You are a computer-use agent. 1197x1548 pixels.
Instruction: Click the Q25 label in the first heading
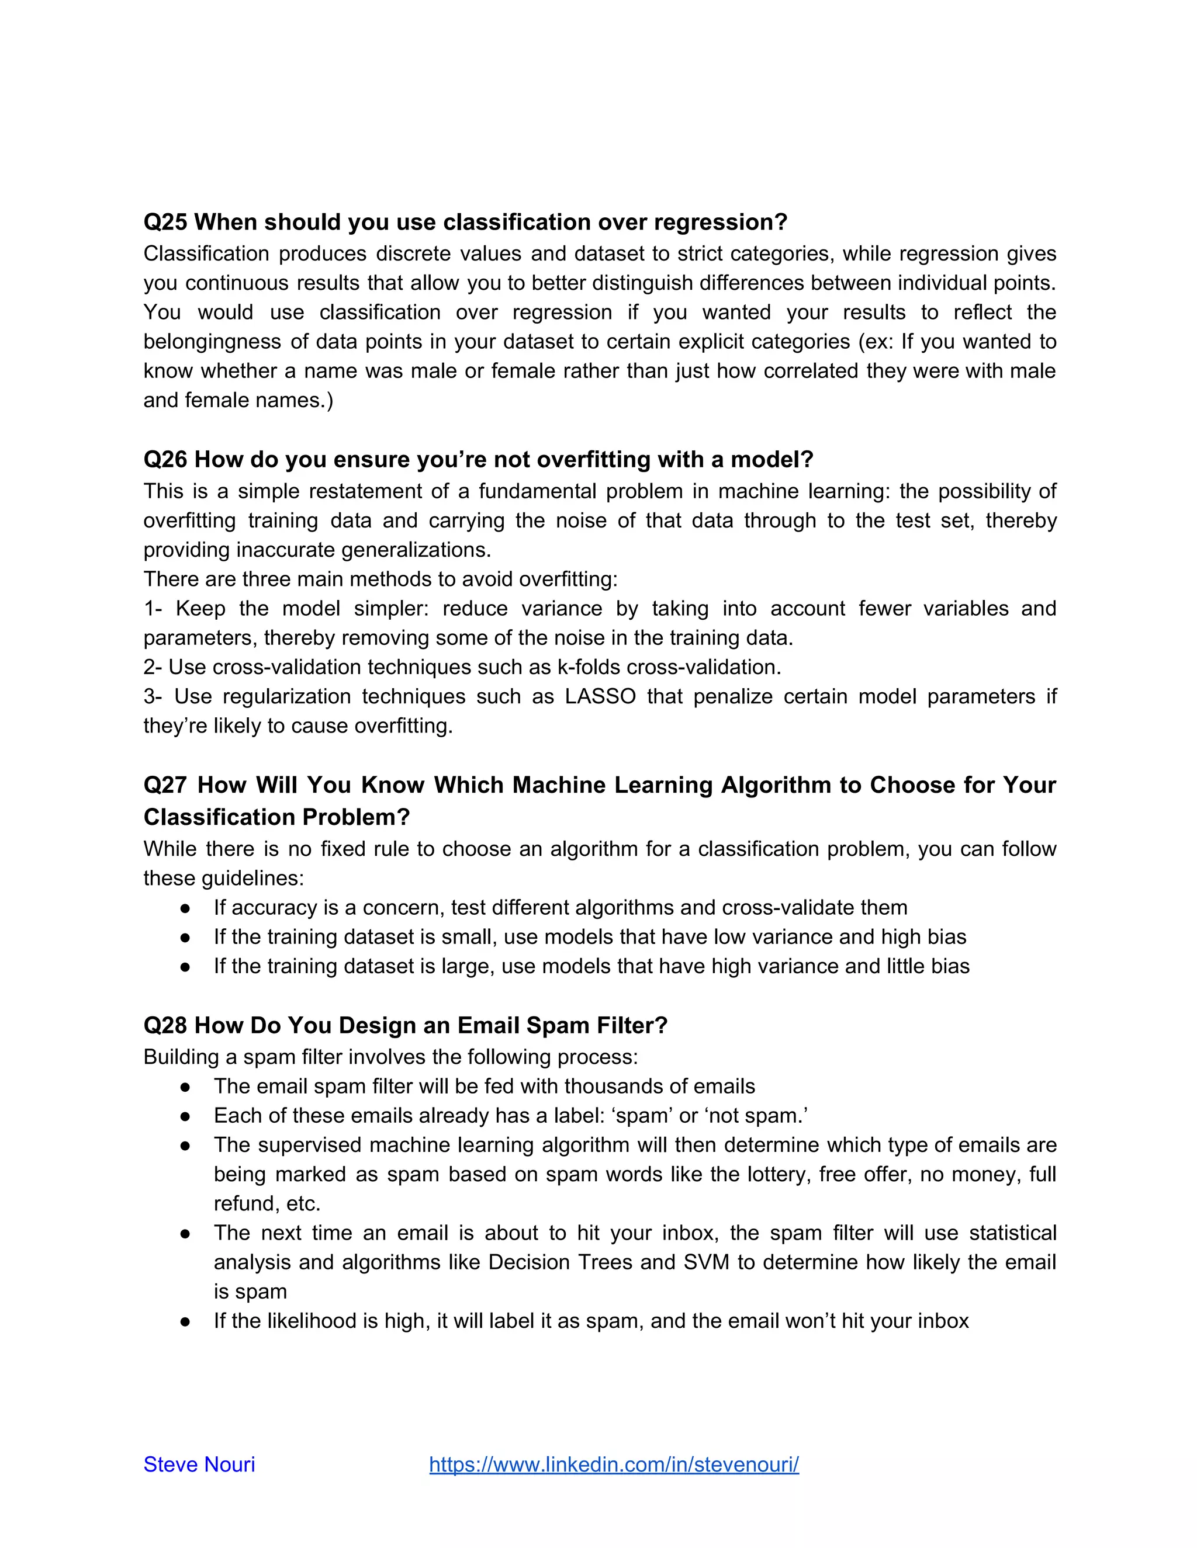point(165,223)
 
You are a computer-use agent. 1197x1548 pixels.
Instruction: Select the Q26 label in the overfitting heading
point(165,460)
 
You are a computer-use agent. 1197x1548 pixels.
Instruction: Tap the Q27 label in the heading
point(165,785)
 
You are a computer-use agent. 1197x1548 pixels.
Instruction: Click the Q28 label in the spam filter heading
point(165,1026)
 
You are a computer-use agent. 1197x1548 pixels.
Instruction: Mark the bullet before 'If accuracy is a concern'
point(185,908)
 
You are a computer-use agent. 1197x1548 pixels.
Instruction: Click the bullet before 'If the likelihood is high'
point(185,1321)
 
